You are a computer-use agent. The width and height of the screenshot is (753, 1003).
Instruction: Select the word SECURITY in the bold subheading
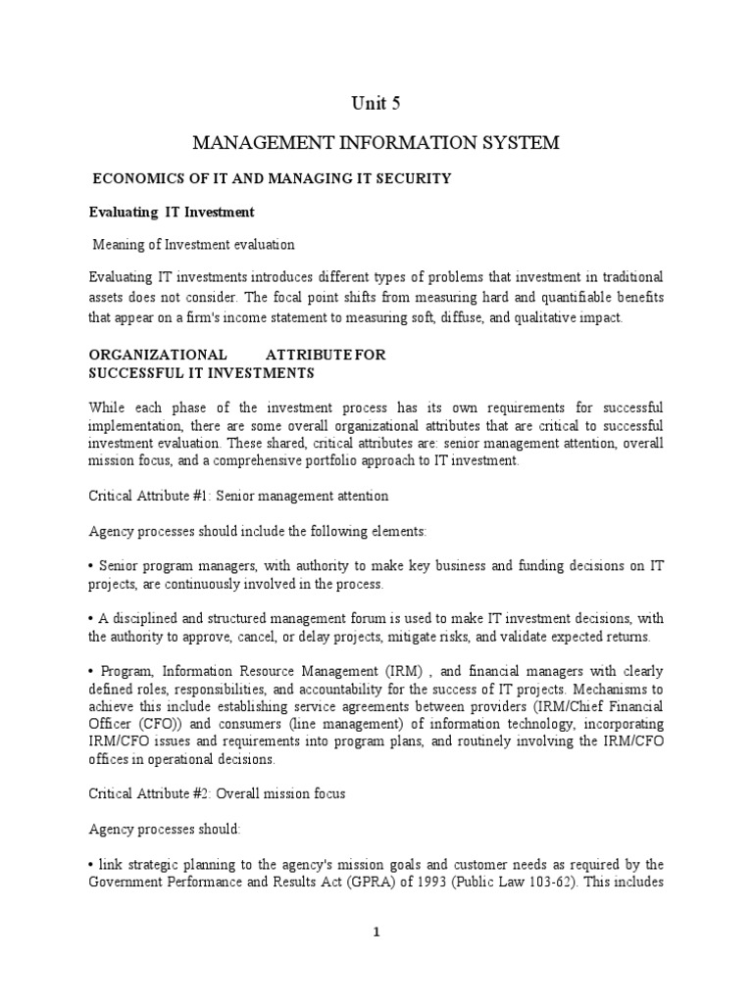click(409, 178)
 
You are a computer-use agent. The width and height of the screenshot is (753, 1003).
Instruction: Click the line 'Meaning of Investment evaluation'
click(193, 244)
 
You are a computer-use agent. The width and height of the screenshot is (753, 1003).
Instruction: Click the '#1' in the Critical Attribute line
click(190, 497)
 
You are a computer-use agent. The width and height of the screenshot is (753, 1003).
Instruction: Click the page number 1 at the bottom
click(376, 933)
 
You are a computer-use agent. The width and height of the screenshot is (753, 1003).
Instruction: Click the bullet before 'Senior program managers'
click(91, 567)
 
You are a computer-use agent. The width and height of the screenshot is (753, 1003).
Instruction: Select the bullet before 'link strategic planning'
click(91, 865)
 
